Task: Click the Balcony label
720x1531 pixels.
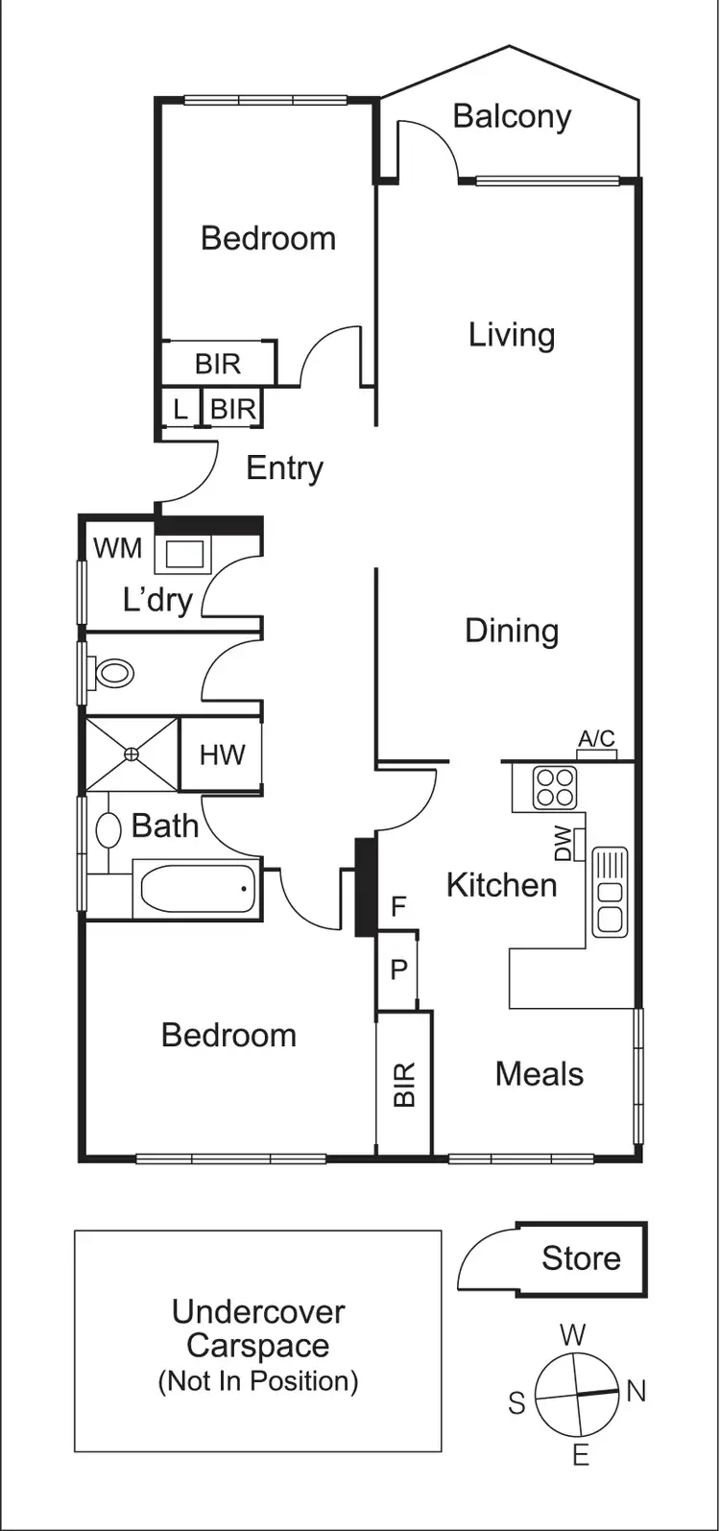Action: tap(512, 116)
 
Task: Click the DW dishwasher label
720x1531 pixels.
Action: tap(564, 845)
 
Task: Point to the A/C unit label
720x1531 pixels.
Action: tap(596, 739)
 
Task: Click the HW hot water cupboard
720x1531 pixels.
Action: tap(222, 754)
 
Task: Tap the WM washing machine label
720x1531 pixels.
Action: tap(117, 548)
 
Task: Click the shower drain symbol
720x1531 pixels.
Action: tap(132, 754)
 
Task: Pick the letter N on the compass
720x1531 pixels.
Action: tap(636, 1391)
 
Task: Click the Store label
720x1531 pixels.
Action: tap(581, 1258)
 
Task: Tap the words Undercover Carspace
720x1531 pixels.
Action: tap(258, 1328)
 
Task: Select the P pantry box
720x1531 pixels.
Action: tap(398, 969)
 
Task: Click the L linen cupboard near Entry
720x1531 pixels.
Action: tap(180, 410)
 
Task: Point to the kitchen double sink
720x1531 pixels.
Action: tap(610, 892)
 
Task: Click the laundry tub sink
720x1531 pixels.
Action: tap(185, 555)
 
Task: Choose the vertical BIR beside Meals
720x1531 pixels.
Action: tap(404, 1085)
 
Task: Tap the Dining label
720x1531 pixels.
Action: tap(512, 631)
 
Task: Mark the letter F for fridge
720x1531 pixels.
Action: tap(398, 905)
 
